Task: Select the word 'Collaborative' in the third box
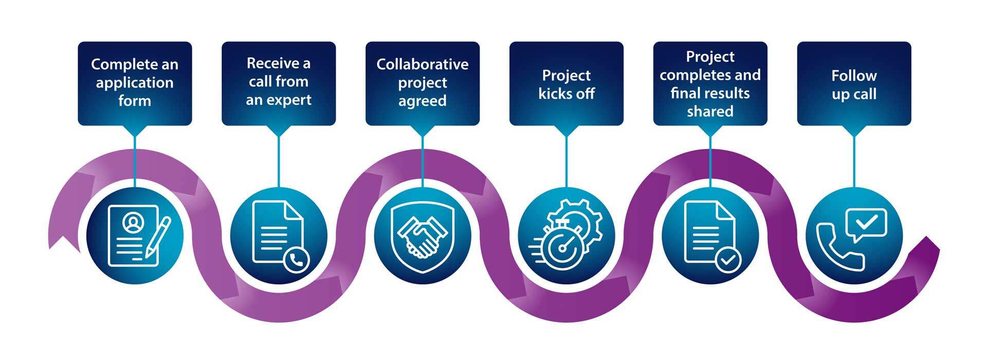[422, 64]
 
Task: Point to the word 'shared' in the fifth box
[710, 112]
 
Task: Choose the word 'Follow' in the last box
[854, 76]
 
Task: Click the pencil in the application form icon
[158, 237]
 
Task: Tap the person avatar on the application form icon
[133, 222]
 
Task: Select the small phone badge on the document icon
[297, 260]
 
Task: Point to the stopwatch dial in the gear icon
[562, 248]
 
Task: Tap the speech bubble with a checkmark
[866, 224]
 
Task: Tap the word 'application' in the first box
[135, 83]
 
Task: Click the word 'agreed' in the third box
[422, 101]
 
